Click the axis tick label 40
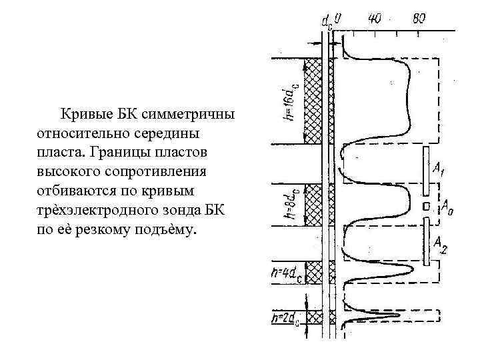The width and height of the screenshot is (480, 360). (x=374, y=19)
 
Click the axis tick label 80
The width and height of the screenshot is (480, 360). (x=419, y=19)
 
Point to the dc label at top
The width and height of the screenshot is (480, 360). (x=327, y=22)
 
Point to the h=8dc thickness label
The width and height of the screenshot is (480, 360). (x=287, y=205)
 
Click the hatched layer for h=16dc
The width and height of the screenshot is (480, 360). (x=313, y=101)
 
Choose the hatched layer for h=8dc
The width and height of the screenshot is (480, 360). (x=313, y=205)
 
